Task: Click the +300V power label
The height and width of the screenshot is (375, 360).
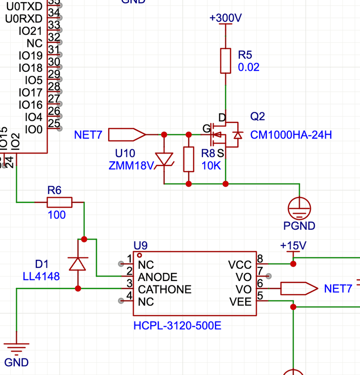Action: pyautogui.click(x=225, y=18)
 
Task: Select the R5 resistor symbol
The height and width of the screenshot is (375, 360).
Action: pyautogui.click(x=225, y=61)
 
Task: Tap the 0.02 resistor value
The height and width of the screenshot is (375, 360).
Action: pyautogui.click(x=249, y=67)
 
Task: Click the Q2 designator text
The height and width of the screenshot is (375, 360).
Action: pyautogui.click(x=257, y=116)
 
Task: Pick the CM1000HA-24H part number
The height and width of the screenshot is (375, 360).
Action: pyautogui.click(x=291, y=135)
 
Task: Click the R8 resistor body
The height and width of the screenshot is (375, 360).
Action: pyautogui.click(x=189, y=159)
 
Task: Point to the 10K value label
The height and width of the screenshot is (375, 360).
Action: pyautogui.click(x=211, y=165)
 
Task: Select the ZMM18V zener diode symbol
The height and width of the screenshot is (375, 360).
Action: pyautogui.click(x=164, y=160)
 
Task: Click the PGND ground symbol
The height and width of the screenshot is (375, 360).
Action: pyautogui.click(x=300, y=208)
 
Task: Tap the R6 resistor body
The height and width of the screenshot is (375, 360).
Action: pyautogui.click(x=59, y=202)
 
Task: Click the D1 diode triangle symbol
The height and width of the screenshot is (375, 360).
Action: pyautogui.click(x=78, y=264)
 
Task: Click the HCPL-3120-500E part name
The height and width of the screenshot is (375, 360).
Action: pyautogui.click(x=177, y=325)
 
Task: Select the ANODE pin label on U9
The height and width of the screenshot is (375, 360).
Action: pyautogui.click(x=157, y=277)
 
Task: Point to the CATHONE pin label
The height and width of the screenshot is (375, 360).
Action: pyautogui.click(x=164, y=289)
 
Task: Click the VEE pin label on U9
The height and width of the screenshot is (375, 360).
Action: pyautogui.click(x=240, y=301)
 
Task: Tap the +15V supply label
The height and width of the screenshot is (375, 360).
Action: pyautogui.click(x=293, y=246)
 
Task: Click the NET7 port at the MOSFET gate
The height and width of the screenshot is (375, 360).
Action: pyautogui.click(x=127, y=135)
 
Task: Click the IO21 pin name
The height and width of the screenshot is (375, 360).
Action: pyautogui.click(x=30, y=31)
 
